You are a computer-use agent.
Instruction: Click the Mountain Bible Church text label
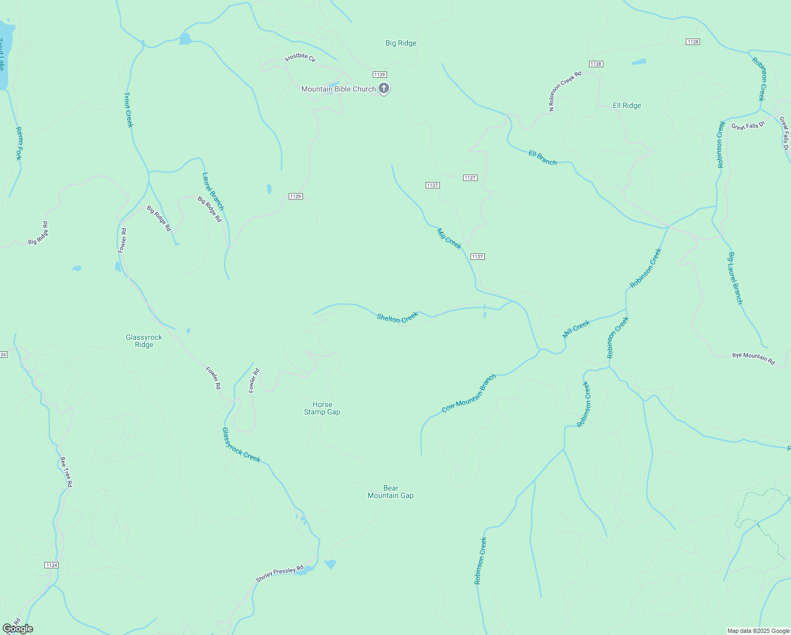338,89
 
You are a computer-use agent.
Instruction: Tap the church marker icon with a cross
384,88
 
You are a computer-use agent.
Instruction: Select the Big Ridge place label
401,43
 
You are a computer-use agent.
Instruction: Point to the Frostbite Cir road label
300,58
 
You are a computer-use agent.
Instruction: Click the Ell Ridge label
627,105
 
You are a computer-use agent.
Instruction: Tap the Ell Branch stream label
542,158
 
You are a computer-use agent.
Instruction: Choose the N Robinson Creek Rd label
565,91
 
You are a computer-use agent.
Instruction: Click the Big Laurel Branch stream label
735,278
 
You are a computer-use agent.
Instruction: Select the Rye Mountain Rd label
753,358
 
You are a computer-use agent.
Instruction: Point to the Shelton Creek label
397,317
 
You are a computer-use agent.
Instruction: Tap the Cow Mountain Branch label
469,393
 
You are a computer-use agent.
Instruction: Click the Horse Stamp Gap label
322,408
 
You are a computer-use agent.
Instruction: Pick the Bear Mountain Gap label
391,492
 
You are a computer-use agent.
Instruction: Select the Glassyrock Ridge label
144,341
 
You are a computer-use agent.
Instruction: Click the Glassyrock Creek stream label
241,445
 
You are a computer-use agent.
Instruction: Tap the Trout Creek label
128,110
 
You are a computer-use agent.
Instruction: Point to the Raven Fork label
19,143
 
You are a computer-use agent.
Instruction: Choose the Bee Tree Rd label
66,472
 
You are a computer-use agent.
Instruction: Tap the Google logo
18,629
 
